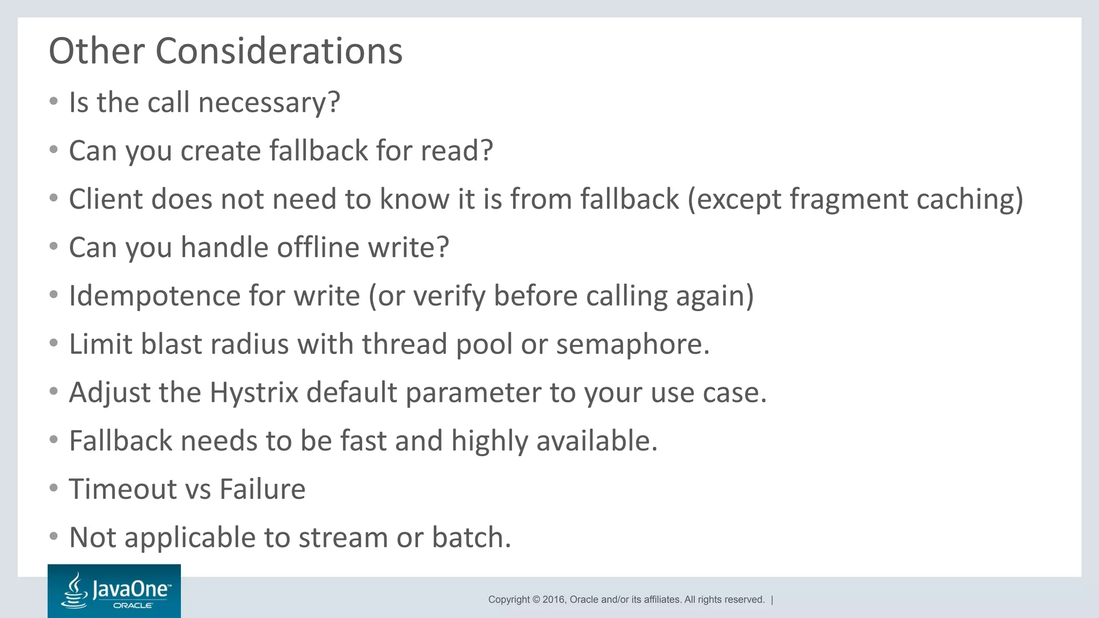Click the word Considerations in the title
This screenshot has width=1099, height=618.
pyautogui.click(x=279, y=51)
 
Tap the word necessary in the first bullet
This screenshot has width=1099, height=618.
pyautogui.click(x=268, y=102)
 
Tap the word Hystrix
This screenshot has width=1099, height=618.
pyautogui.click(x=253, y=393)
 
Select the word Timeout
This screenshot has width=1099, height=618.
pyautogui.click(x=122, y=489)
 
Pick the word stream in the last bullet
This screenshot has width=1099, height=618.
pyautogui.click(x=343, y=538)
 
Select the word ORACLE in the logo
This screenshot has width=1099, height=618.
pyautogui.click(x=133, y=606)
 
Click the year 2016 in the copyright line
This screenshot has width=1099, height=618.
pyautogui.click(x=554, y=600)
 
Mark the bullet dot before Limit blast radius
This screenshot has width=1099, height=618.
pyautogui.click(x=53, y=343)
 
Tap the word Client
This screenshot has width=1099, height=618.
pyautogui.click(x=105, y=200)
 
